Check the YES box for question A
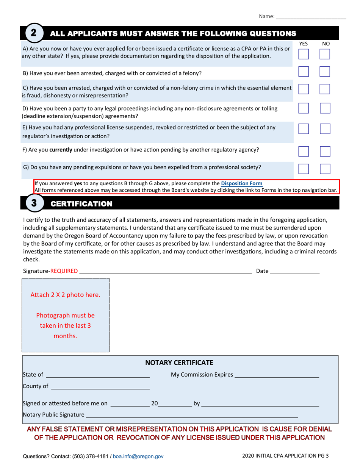pos(304,53)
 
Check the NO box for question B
pos(325,72)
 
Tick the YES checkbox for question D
pos(304,109)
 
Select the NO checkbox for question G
pos(325,169)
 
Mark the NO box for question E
pos(325,130)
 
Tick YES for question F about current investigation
pos(304,152)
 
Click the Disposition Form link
pos(241,184)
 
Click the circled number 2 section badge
pos(33,33)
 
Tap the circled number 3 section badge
pos(33,203)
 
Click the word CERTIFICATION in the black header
pos(81,204)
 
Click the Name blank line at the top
pos(311,17)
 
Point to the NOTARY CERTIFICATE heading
pos(180,363)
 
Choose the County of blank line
pos(100,387)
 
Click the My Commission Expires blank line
pos(277,375)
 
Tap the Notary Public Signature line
pos(191,415)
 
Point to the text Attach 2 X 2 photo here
pos(66,295)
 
